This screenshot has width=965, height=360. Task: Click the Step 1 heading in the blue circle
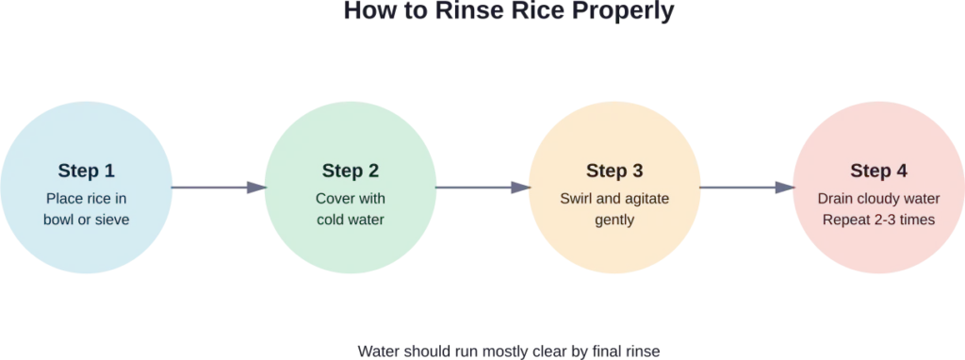(87, 171)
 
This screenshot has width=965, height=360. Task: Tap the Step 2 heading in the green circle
(351, 171)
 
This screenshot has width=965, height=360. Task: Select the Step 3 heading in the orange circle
(614, 171)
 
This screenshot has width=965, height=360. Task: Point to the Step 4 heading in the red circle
(878, 171)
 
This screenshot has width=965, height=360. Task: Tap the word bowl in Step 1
(59, 220)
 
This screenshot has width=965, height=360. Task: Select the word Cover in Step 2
(335, 199)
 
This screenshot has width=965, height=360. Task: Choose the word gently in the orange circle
(614, 220)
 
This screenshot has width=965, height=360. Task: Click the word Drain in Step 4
(836, 199)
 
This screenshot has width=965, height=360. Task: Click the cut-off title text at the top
(508, 11)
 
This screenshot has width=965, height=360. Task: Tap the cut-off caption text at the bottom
(508, 352)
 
